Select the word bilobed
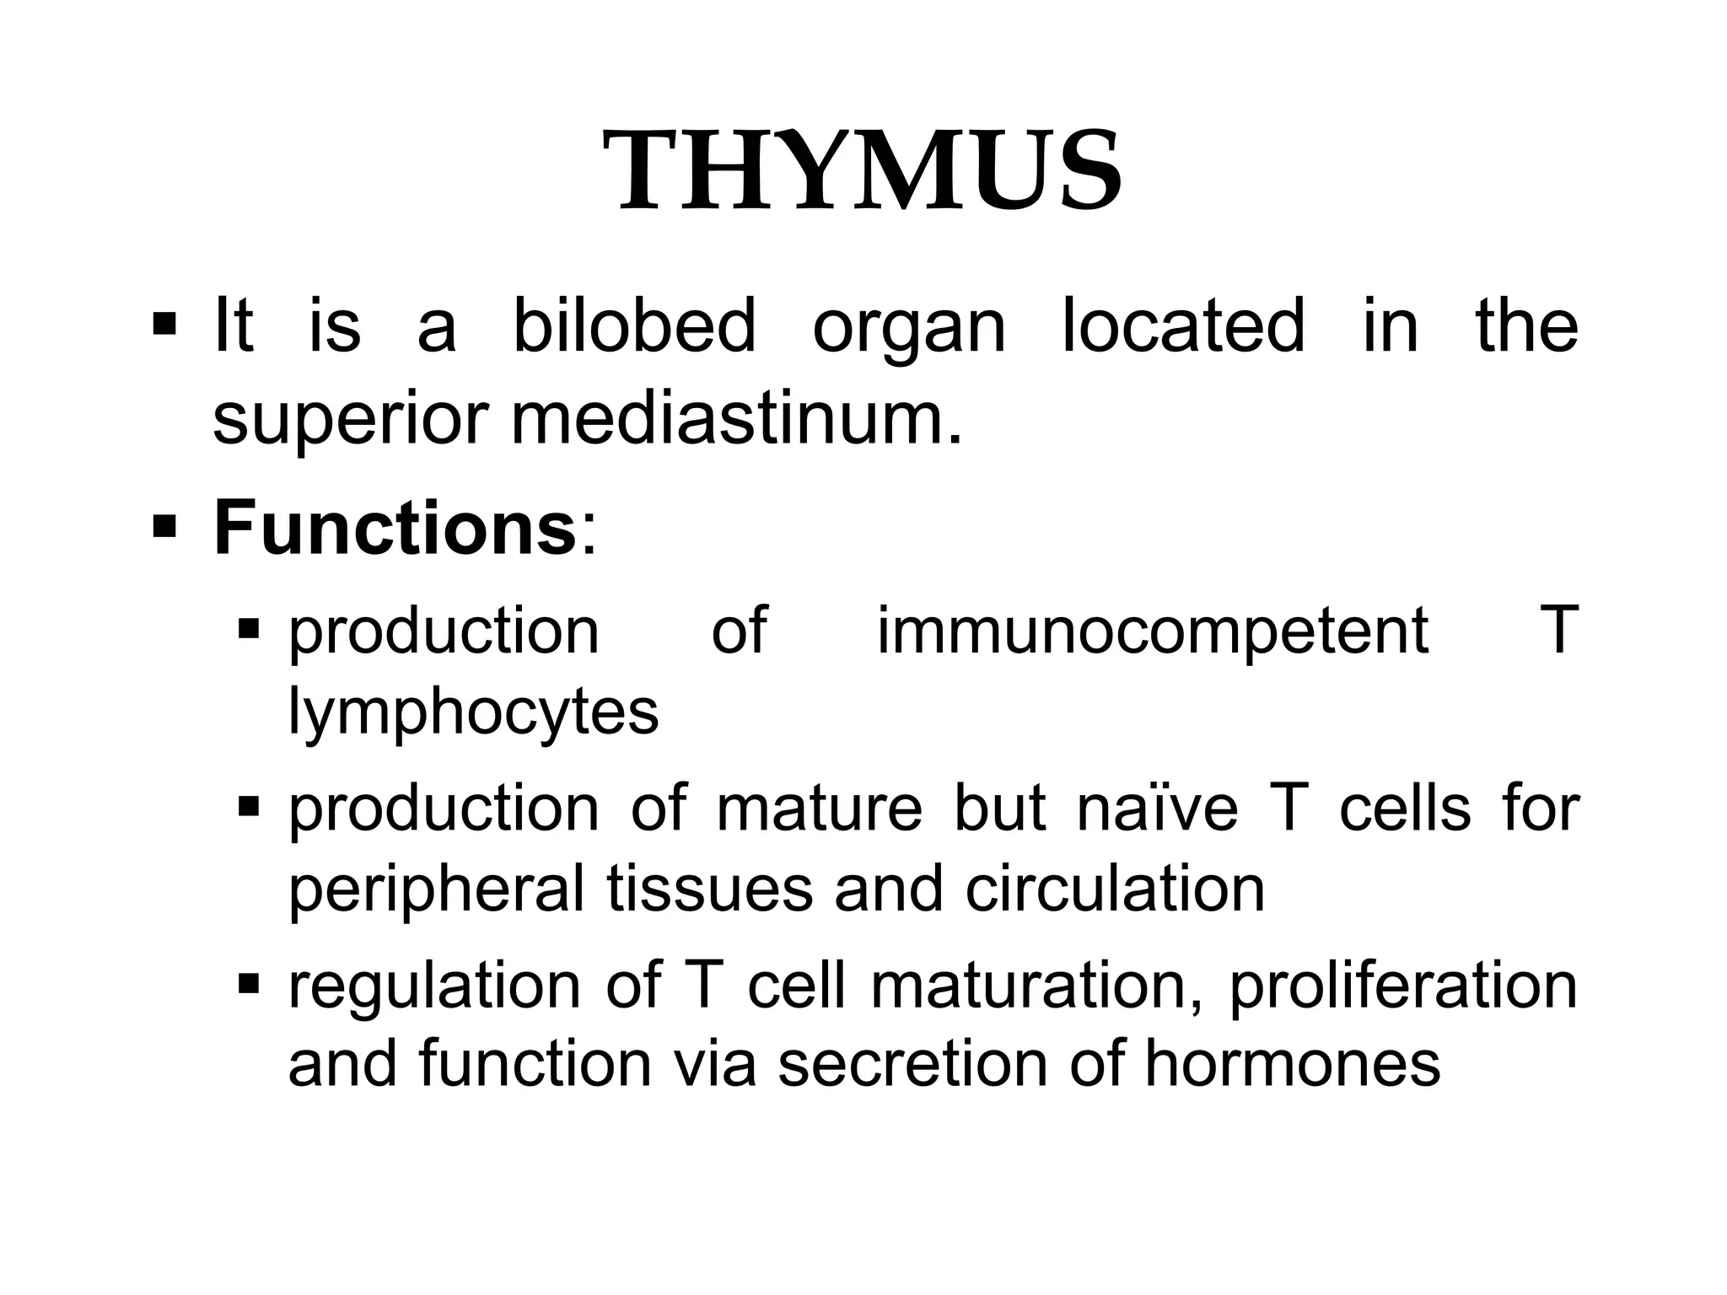[634, 325]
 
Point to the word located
[1182, 325]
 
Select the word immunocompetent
[1153, 631]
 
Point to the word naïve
[1157, 808]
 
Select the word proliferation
[1403, 986]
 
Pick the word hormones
[1292, 1064]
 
